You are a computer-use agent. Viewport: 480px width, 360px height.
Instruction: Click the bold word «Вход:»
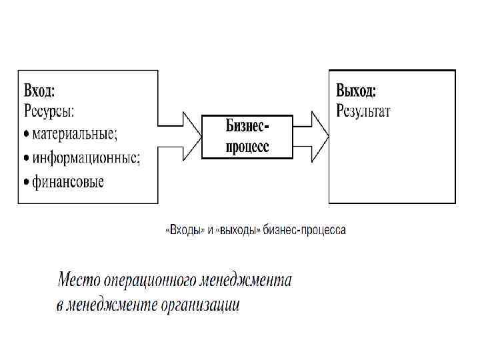pos(39,89)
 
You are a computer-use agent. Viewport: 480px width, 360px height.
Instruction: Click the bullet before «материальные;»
pos(27,133)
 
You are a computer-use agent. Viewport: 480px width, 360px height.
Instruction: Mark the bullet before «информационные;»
pos(27,158)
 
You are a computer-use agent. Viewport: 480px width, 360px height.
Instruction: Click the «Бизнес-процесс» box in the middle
pos(247,135)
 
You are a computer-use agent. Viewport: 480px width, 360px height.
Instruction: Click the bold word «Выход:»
pos(356,90)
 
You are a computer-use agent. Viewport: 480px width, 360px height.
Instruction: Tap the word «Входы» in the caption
pos(183,231)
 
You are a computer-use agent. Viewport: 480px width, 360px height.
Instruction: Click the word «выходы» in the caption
pos(237,231)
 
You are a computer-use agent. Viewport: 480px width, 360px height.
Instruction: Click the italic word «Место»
pos(78,279)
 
